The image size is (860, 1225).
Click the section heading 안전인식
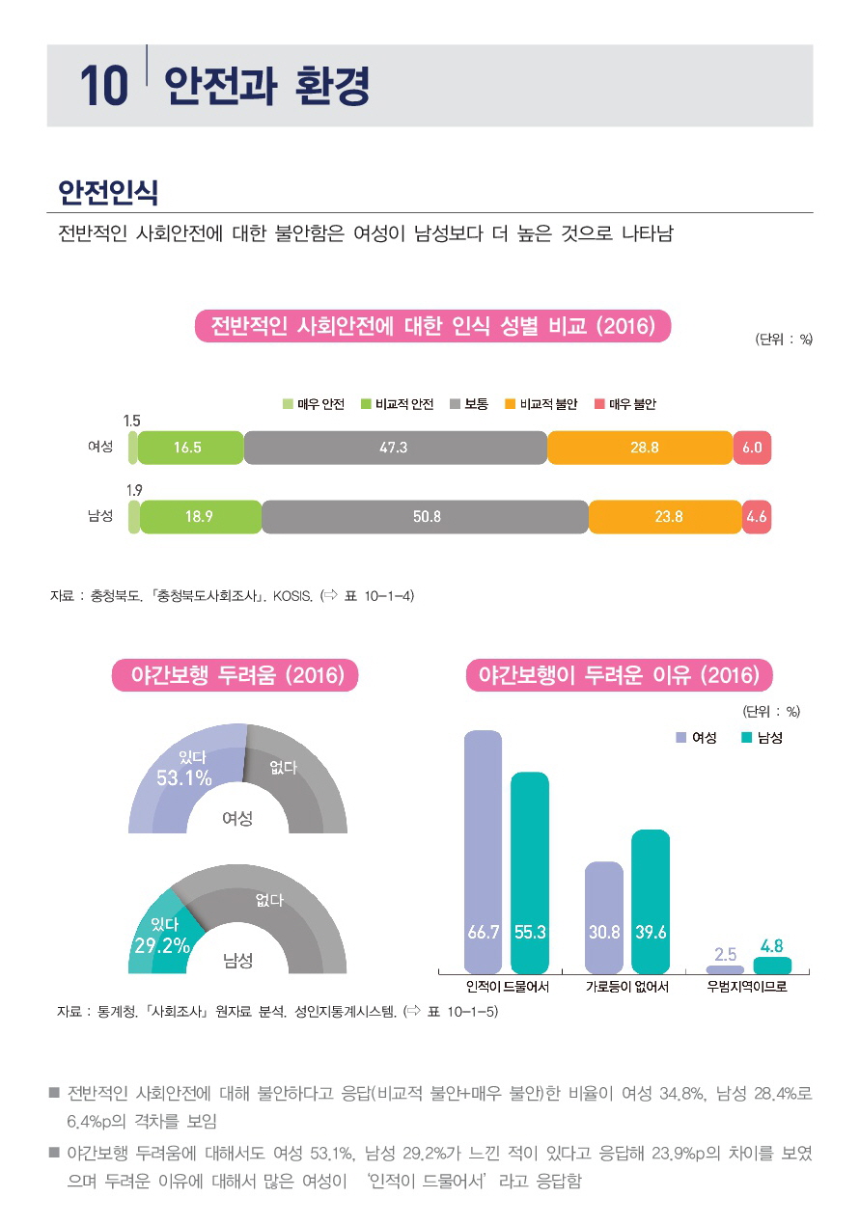(x=108, y=192)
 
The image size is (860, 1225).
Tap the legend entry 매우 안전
(x=314, y=404)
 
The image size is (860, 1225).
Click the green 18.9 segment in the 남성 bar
(x=200, y=517)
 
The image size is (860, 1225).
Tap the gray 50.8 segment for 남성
(x=425, y=517)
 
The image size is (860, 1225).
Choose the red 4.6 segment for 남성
(x=757, y=517)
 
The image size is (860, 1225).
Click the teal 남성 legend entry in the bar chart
(x=762, y=738)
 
